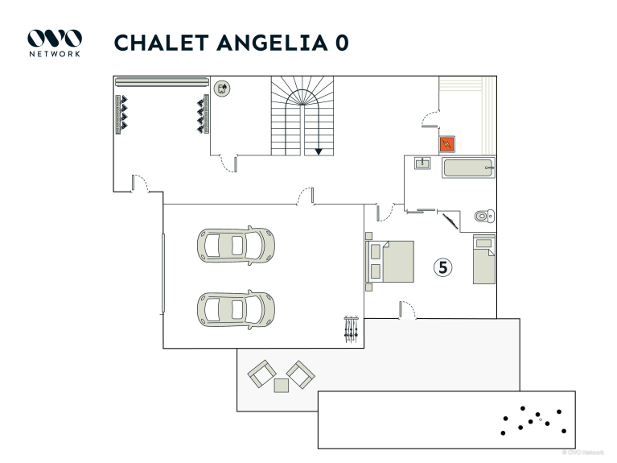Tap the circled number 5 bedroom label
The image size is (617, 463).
point(443,267)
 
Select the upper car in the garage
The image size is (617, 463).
point(235,244)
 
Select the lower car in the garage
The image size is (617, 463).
point(235,307)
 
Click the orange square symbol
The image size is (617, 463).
point(447,144)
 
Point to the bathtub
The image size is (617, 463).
point(467,168)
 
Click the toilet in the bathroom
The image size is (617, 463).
point(483,216)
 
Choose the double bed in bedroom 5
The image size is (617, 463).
point(392,262)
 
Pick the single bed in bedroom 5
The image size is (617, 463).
point(483,258)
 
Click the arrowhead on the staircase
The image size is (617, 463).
point(319,151)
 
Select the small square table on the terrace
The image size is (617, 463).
point(281,385)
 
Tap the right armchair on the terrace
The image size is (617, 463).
point(301,373)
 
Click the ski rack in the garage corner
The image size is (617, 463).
point(350,329)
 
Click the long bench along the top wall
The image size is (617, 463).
point(162,81)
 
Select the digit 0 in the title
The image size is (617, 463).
point(342,43)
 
